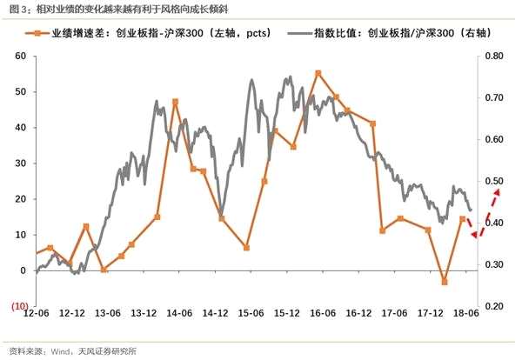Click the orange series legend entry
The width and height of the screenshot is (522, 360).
point(148,33)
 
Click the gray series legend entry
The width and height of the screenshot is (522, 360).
point(390,33)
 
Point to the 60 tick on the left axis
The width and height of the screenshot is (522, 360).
point(20,56)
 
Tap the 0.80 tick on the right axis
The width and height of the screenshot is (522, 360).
point(494,56)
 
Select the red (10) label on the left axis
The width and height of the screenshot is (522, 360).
point(20,306)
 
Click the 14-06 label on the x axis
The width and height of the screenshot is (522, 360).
point(179,313)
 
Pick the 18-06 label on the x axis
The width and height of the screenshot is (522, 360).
point(466,313)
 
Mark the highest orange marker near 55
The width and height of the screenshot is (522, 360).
point(318,73)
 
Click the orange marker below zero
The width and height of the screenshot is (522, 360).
point(445,282)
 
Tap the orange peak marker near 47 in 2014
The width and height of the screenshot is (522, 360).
point(176,102)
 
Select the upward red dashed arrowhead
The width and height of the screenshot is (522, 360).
point(497,193)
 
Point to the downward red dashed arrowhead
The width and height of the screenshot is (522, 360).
point(475,235)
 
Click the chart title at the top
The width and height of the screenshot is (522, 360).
point(119,10)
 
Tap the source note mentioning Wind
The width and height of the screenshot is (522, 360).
point(72,351)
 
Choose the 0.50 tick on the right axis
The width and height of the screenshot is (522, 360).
point(494,182)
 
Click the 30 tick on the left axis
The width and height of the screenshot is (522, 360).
point(20,163)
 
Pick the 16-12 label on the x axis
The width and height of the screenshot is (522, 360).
point(358,313)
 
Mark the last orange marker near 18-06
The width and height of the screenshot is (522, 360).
point(463,219)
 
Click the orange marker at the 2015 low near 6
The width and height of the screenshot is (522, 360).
point(246,248)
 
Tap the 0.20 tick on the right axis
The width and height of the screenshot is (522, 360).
point(494,306)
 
